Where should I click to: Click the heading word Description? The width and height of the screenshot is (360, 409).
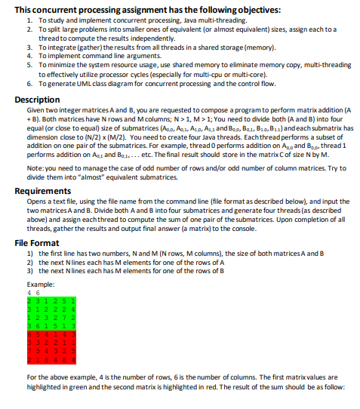38,100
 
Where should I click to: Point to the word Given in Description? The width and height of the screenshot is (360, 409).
35,110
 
